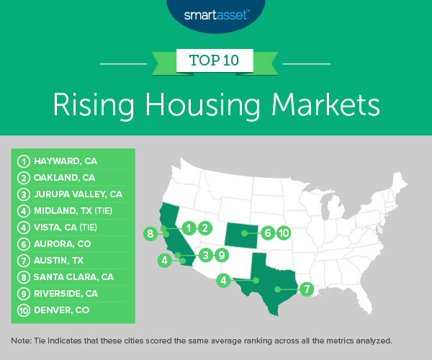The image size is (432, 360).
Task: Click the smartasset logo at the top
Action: pyautogui.click(x=215, y=12)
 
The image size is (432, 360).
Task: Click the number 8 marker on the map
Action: pyautogui.click(x=150, y=233)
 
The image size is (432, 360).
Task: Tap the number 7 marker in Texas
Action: pyautogui.click(x=307, y=289)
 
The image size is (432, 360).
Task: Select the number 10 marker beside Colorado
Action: pyautogui.click(x=284, y=233)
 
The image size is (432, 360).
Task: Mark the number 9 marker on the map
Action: pyautogui.click(x=222, y=254)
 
